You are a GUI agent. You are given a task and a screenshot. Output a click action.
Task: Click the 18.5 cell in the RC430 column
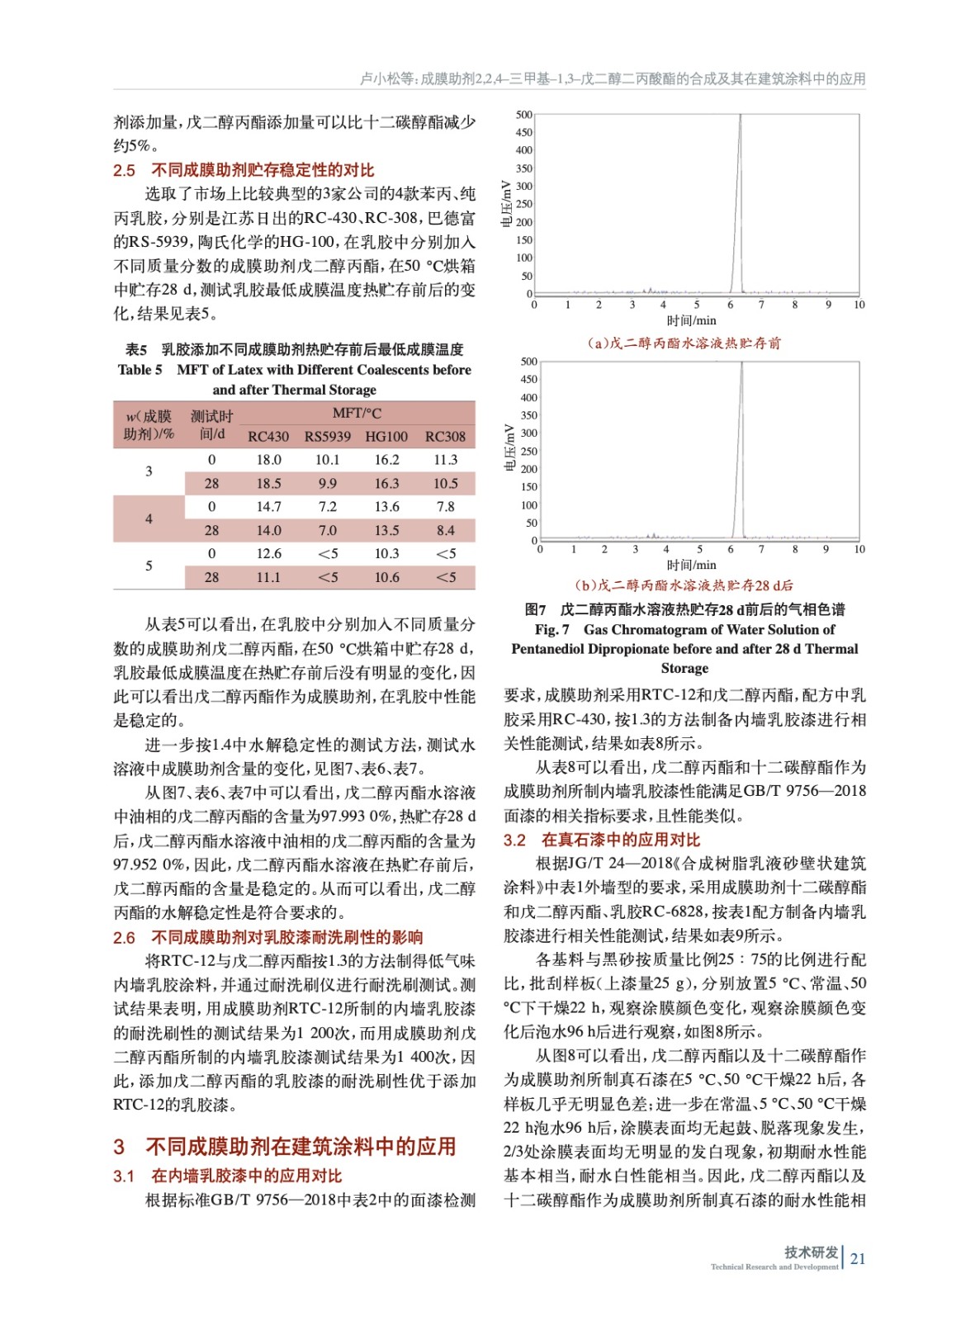pyautogui.click(x=268, y=484)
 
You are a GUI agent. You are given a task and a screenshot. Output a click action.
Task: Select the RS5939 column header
pyautogui.click(x=328, y=437)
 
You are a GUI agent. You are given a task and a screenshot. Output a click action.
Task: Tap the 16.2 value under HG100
pyautogui.click(x=386, y=460)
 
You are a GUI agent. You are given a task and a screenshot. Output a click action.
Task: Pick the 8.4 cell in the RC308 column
pyautogui.click(x=445, y=531)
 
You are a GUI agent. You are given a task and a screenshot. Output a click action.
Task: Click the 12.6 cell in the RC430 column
pyautogui.click(x=268, y=554)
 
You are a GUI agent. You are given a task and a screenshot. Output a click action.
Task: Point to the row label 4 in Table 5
pyautogui.click(x=149, y=519)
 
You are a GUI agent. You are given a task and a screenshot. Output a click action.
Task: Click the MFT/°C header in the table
pyautogui.click(x=357, y=413)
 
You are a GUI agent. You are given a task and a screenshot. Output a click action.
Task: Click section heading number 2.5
pyautogui.click(x=125, y=171)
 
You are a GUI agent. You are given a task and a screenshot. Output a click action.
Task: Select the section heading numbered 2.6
pyautogui.click(x=125, y=938)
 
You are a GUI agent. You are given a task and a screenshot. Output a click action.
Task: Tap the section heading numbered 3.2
pyautogui.click(x=514, y=840)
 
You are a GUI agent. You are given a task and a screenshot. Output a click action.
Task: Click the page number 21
pyautogui.click(x=858, y=1259)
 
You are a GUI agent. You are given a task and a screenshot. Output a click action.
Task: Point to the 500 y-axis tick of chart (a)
pyautogui.click(x=524, y=115)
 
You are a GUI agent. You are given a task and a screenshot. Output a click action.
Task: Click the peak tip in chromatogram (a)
pyautogui.click(x=741, y=116)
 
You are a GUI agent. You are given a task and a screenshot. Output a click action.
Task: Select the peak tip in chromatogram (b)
pyautogui.click(x=742, y=363)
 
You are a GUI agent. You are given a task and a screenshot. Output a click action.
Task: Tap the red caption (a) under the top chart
pyautogui.click(x=684, y=343)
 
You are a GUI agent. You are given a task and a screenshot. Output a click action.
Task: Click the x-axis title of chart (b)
pyautogui.click(x=691, y=566)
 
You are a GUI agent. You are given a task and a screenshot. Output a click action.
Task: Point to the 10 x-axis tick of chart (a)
pyautogui.click(x=859, y=305)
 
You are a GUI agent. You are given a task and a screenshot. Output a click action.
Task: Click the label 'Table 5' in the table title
pyautogui.click(x=140, y=370)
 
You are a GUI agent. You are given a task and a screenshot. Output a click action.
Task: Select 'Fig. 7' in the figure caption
pyautogui.click(x=552, y=630)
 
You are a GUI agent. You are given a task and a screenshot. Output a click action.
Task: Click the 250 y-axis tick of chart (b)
pyautogui.click(x=528, y=452)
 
